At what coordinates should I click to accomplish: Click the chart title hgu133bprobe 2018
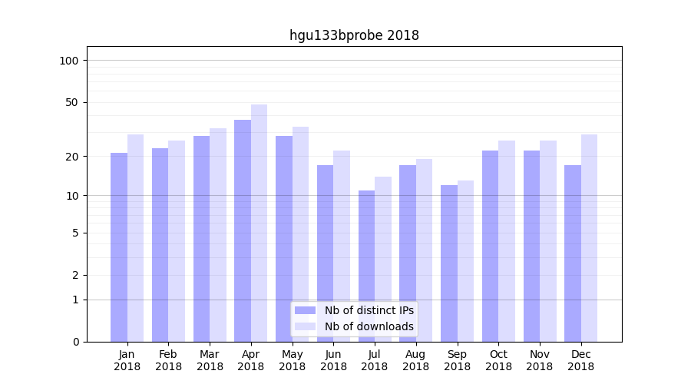(354, 35)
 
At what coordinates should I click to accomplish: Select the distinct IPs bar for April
(243, 230)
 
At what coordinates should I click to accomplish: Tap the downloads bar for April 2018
(259, 223)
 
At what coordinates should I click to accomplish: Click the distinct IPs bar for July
(366, 266)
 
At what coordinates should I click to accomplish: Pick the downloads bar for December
(589, 238)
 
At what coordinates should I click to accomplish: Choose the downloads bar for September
(465, 261)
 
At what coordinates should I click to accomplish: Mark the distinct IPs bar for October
(490, 246)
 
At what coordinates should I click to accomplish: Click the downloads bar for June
(342, 246)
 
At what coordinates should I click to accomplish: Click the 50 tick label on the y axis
(71, 102)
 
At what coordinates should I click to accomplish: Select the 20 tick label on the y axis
(71, 157)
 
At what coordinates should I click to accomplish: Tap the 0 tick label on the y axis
(74, 342)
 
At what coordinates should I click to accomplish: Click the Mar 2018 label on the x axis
(210, 360)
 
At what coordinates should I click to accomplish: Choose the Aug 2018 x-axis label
(415, 360)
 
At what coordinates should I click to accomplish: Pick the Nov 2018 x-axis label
(540, 360)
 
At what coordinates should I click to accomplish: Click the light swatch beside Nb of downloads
(305, 326)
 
